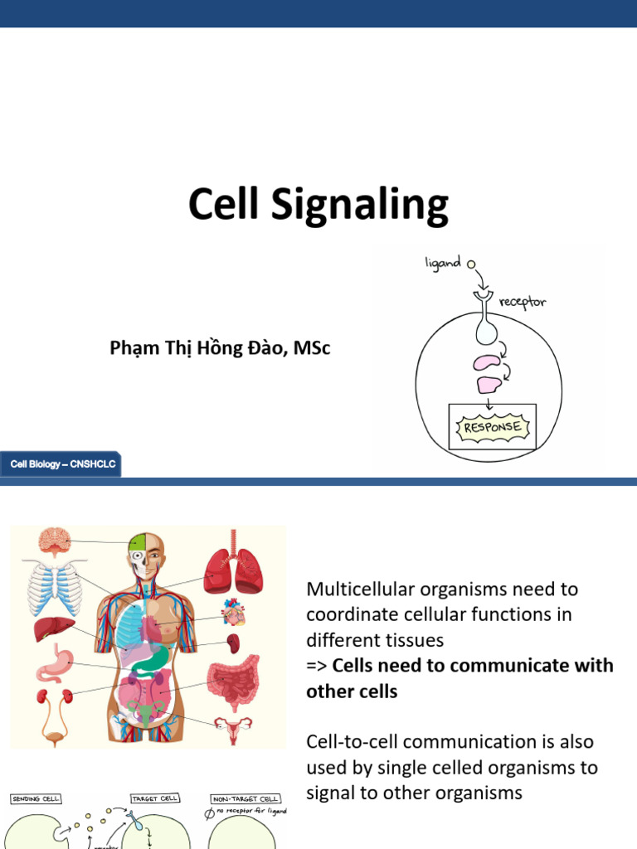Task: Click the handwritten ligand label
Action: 442,264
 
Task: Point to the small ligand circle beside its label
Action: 471,264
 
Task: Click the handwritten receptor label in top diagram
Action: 523,302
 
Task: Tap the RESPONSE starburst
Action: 492,428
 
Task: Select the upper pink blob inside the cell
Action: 486,363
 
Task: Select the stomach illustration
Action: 54,664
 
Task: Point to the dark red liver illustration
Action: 55,629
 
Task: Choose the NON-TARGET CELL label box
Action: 246,798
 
